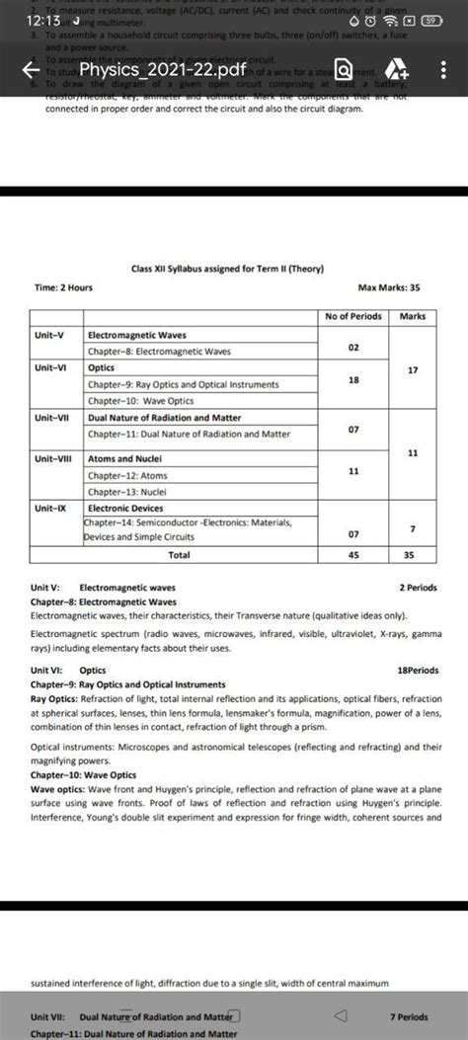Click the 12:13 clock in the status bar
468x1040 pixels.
(43, 20)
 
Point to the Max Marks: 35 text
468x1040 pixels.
(389, 287)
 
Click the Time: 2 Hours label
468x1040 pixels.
(62, 287)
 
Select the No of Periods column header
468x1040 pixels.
(352, 316)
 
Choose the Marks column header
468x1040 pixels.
(413, 316)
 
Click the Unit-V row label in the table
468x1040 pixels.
(49, 335)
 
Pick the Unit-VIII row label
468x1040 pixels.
(53, 458)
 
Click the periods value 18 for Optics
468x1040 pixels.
(352, 379)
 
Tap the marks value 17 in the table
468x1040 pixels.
(413, 369)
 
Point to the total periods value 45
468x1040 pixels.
(352, 555)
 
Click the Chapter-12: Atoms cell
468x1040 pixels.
(127, 475)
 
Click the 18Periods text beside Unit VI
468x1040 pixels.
(417, 670)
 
